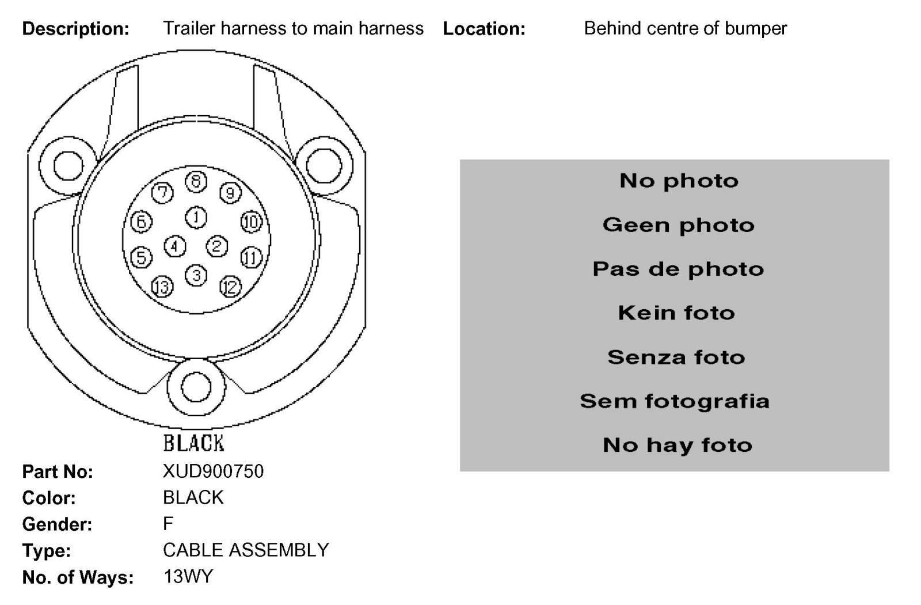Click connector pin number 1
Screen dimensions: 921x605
click(196, 218)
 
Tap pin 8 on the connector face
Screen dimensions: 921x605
click(196, 182)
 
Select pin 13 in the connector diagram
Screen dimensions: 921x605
click(162, 286)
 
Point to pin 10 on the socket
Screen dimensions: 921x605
click(251, 222)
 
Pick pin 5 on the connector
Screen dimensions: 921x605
click(141, 257)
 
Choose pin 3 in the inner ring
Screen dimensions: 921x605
click(196, 275)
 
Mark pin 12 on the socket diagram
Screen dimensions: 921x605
click(230, 286)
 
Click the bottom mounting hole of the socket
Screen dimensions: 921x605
click(196, 387)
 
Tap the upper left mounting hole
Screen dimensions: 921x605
click(68, 165)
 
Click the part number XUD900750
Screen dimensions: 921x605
click(213, 471)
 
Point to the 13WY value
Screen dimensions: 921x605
click(188, 576)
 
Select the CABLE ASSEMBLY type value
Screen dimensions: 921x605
click(246, 550)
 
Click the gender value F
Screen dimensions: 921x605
click(168, 524)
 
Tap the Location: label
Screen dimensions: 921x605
click(484, 29)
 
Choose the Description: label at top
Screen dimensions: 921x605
click(75, 29)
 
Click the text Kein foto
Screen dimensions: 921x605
click(676, 313)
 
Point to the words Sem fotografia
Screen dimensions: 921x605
click(675, 401)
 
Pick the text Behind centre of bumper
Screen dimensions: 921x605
click(685, 28)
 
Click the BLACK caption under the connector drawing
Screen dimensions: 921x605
click(193, 443)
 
